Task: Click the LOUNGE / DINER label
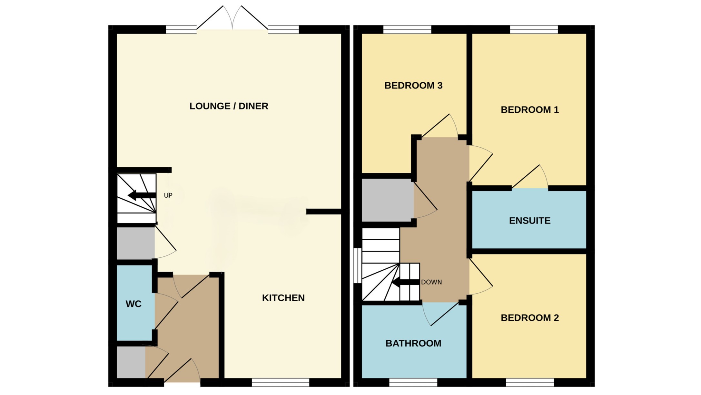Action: pyautogui.click(x=229, y=106)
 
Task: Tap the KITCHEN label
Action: pyautogui.click(x=283, y=298)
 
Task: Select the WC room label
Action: pyautogui.click(x=133, y=304)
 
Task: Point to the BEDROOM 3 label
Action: pyautogui.click(x=413, y=86)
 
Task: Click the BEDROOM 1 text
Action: pyautogui.click(x=529, y=110)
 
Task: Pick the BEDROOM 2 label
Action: pyautogui.click(x=529, y=318)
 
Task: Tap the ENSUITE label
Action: pyautogui.click(x=529, y=221)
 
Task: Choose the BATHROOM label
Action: pyautogui.click(x=413, y=343)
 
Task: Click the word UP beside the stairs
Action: pyautogui.click(x=168, y=195)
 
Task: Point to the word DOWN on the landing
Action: pyautogui.click(x=431, y=282)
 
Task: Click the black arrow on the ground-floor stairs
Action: pyautogui.click(x=142, y=195)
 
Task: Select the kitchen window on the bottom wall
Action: pyautogui.click(x=280, y=382)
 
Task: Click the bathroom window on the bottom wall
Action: pyautogui.click(x=413, y=382)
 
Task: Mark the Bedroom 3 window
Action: pyautogui.click(x=407, y=30)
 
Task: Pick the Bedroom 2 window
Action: pyautogui.click(x=529, y=382)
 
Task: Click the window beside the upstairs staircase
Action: pyautogui.click(x=357, y=265)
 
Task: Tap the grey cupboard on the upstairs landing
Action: pyautogui.click(x=387, y=200)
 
